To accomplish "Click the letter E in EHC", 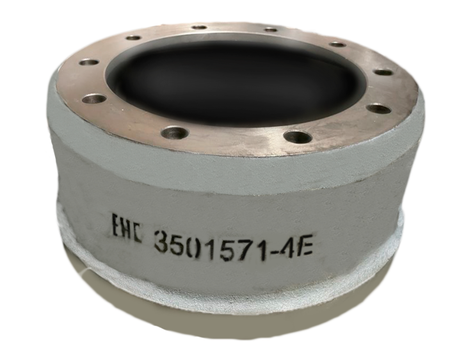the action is [x=116, y=225].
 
